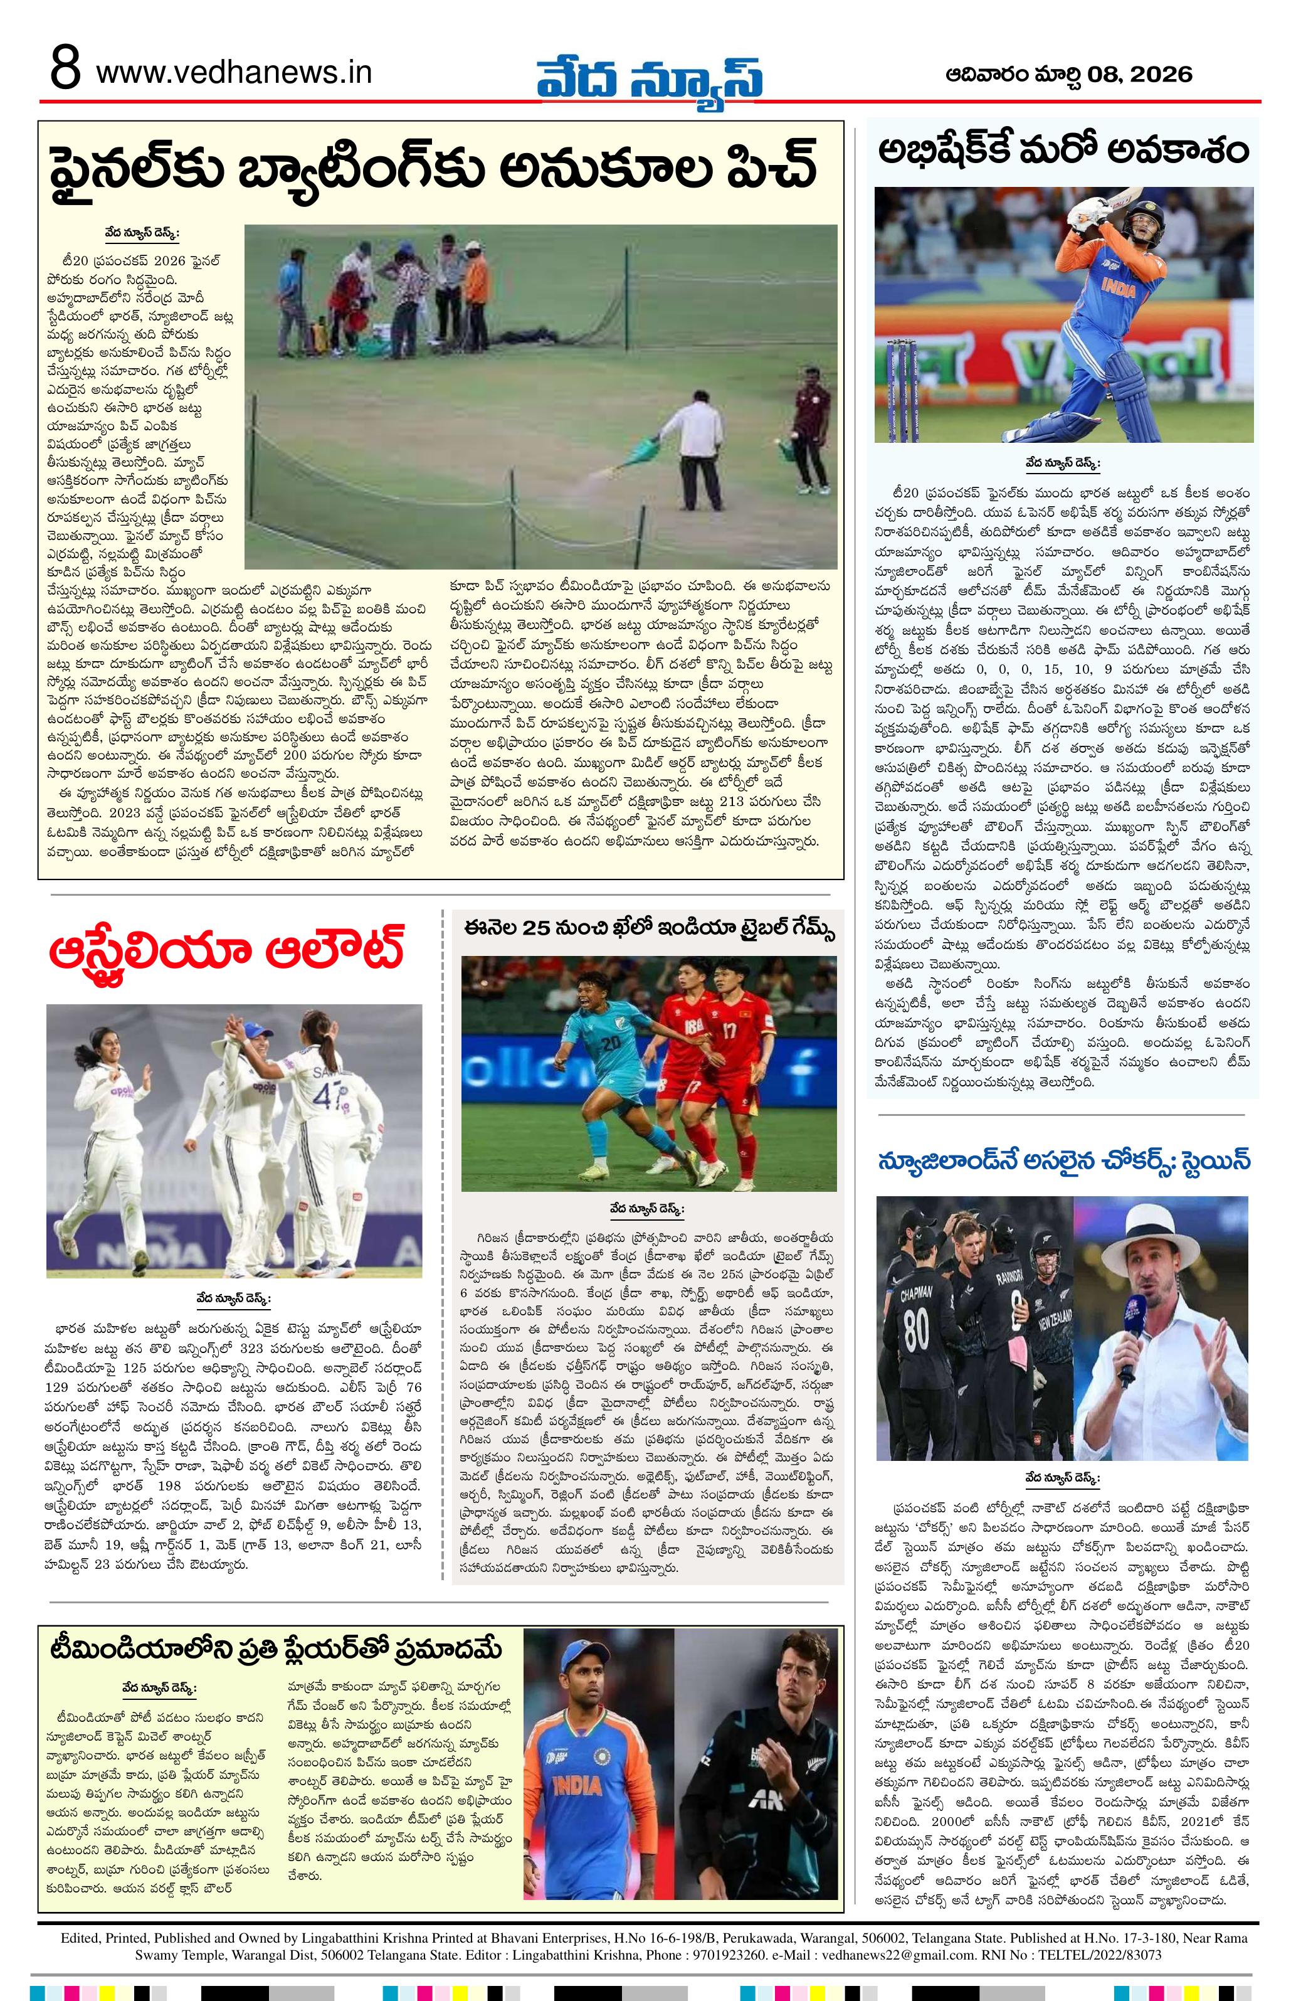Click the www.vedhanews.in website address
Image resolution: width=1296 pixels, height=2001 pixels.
coord(234,73)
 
